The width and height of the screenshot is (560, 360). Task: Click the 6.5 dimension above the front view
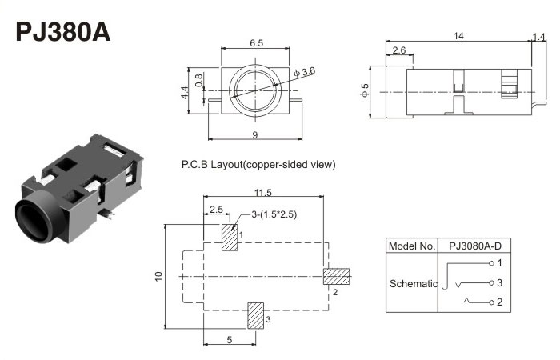click(256, 43)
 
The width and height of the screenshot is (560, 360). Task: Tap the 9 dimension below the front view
click(255, 134)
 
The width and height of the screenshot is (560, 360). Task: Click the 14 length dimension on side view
click(458, 36)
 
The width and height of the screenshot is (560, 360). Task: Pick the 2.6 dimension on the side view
click(399, 50)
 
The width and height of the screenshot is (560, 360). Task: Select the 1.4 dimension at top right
click(539, 36)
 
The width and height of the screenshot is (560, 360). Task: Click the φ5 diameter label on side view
click(366, 91)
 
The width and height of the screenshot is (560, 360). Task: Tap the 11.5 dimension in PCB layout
click(264, 192)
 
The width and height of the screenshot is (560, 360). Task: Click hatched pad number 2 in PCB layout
click(337, 277)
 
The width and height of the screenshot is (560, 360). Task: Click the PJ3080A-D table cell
click(479, 246)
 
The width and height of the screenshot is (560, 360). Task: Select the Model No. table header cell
click(411, 246)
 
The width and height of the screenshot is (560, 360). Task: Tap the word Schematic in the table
click(413, 283)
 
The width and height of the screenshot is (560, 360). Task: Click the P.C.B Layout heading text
click(258, 165)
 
